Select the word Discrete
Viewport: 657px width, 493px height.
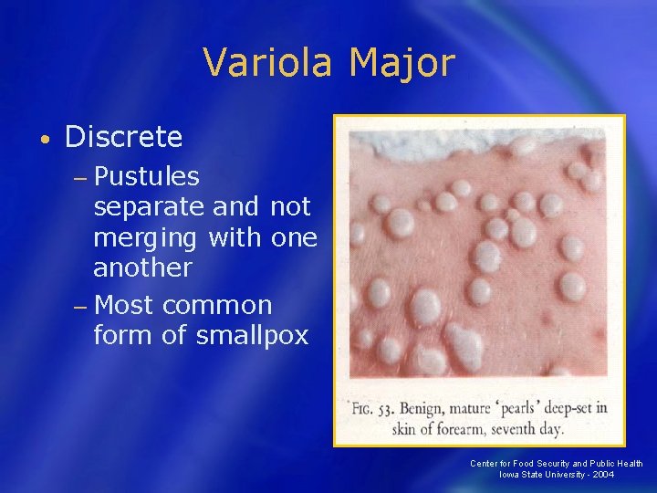(x=124, y=138)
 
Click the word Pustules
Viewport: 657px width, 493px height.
(x=146, y=175)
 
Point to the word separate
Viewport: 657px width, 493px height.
(x=148, y=206)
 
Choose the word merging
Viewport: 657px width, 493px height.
(x=147, y=237)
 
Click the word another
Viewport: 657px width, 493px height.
(x=142, y=267)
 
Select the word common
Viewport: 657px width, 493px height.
(x=219, y=304)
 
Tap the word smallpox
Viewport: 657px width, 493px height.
(x=252, y=336)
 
